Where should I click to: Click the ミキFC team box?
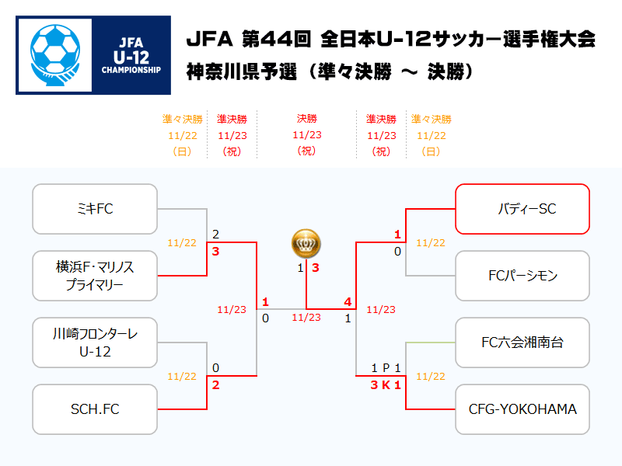(95, 209)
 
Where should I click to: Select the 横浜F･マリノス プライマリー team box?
(95, 276)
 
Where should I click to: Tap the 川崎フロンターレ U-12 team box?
(95, 343)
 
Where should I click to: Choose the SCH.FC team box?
(95, 409)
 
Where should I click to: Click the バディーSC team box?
(522, 209)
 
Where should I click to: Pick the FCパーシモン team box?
(522, 276)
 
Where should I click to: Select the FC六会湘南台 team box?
(522, 343)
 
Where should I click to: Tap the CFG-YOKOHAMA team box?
(522, 409)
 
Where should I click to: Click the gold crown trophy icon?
(306, 243)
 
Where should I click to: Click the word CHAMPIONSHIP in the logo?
(131, 70)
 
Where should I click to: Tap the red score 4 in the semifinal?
(348, 302)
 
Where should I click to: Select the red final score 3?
(316, 268)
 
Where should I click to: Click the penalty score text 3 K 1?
(386, 384)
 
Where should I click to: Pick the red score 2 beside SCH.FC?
(215, 384)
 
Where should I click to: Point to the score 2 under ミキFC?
(215, 235)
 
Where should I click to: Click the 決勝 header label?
(306, 119)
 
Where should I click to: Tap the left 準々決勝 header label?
(183, 119)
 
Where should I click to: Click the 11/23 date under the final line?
(306, 318)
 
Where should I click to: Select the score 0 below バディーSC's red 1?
(397, 252)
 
